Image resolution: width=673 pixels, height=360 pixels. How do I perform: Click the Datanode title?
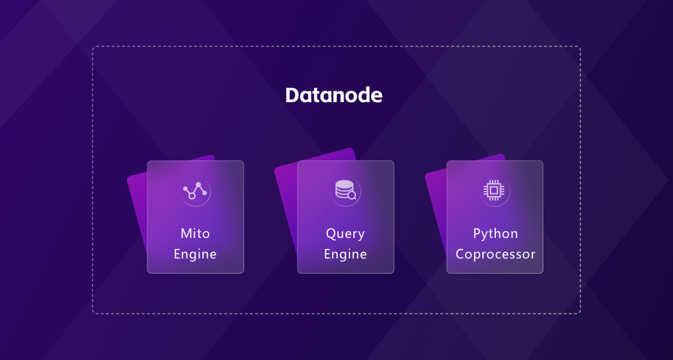pos(333,95)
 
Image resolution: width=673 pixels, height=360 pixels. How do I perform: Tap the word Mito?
pos(195,233)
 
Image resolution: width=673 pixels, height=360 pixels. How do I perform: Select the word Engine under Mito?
pos(195,254)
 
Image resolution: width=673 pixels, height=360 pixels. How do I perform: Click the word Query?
pos(345,234)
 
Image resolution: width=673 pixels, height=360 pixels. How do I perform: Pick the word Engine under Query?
pos(345,254)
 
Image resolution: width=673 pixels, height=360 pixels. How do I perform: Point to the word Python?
pos(495,234)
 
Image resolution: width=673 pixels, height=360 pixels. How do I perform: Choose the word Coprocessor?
pos(495,254)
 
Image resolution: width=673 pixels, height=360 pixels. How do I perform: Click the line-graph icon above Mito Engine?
pos(196,191)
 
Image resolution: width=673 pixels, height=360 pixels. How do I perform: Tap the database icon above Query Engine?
pos(345,190)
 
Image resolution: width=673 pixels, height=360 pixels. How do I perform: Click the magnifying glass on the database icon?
pos(352,195)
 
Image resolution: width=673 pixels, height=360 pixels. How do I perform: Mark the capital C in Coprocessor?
pos(460,254)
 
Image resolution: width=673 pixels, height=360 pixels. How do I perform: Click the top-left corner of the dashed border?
pos(93,47)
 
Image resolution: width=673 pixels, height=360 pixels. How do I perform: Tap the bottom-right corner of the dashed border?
pos(580,313)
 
